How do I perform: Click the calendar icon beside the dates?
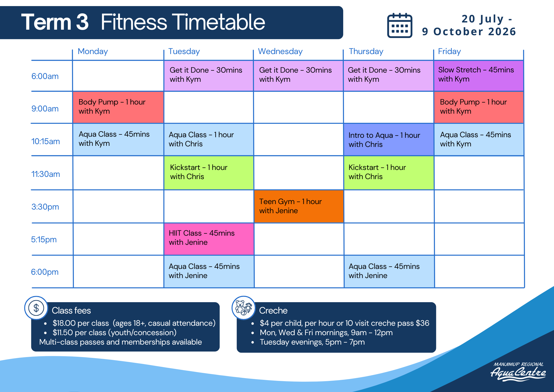[x=400, y=25]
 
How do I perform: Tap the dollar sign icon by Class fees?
[x=36, y=308]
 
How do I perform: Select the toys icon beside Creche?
[x=243, y=308]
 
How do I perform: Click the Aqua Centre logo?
[x=518, y=371]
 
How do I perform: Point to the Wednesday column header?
[x=280, y=51]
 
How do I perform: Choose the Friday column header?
[x=449, y=51]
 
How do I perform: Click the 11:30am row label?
[x=45, y=174]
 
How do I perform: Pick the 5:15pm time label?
[x=44, y=240]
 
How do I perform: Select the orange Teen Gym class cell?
[x=299, y=206]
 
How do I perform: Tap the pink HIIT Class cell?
[x=209, y=239]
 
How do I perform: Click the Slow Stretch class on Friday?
[x=479, y=76]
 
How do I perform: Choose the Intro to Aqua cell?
[x=389, y=139]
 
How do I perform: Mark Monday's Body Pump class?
[x=118, y=107]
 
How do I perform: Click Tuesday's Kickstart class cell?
[x=209, y=173]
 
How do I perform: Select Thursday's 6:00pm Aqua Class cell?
[x=389, y=271]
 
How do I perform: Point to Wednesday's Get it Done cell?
[x=298, y=76]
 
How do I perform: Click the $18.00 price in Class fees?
[x=64, y=323]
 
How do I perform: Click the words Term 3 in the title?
[x=55, y=22]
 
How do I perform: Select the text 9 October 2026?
[x=469, y=32]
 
